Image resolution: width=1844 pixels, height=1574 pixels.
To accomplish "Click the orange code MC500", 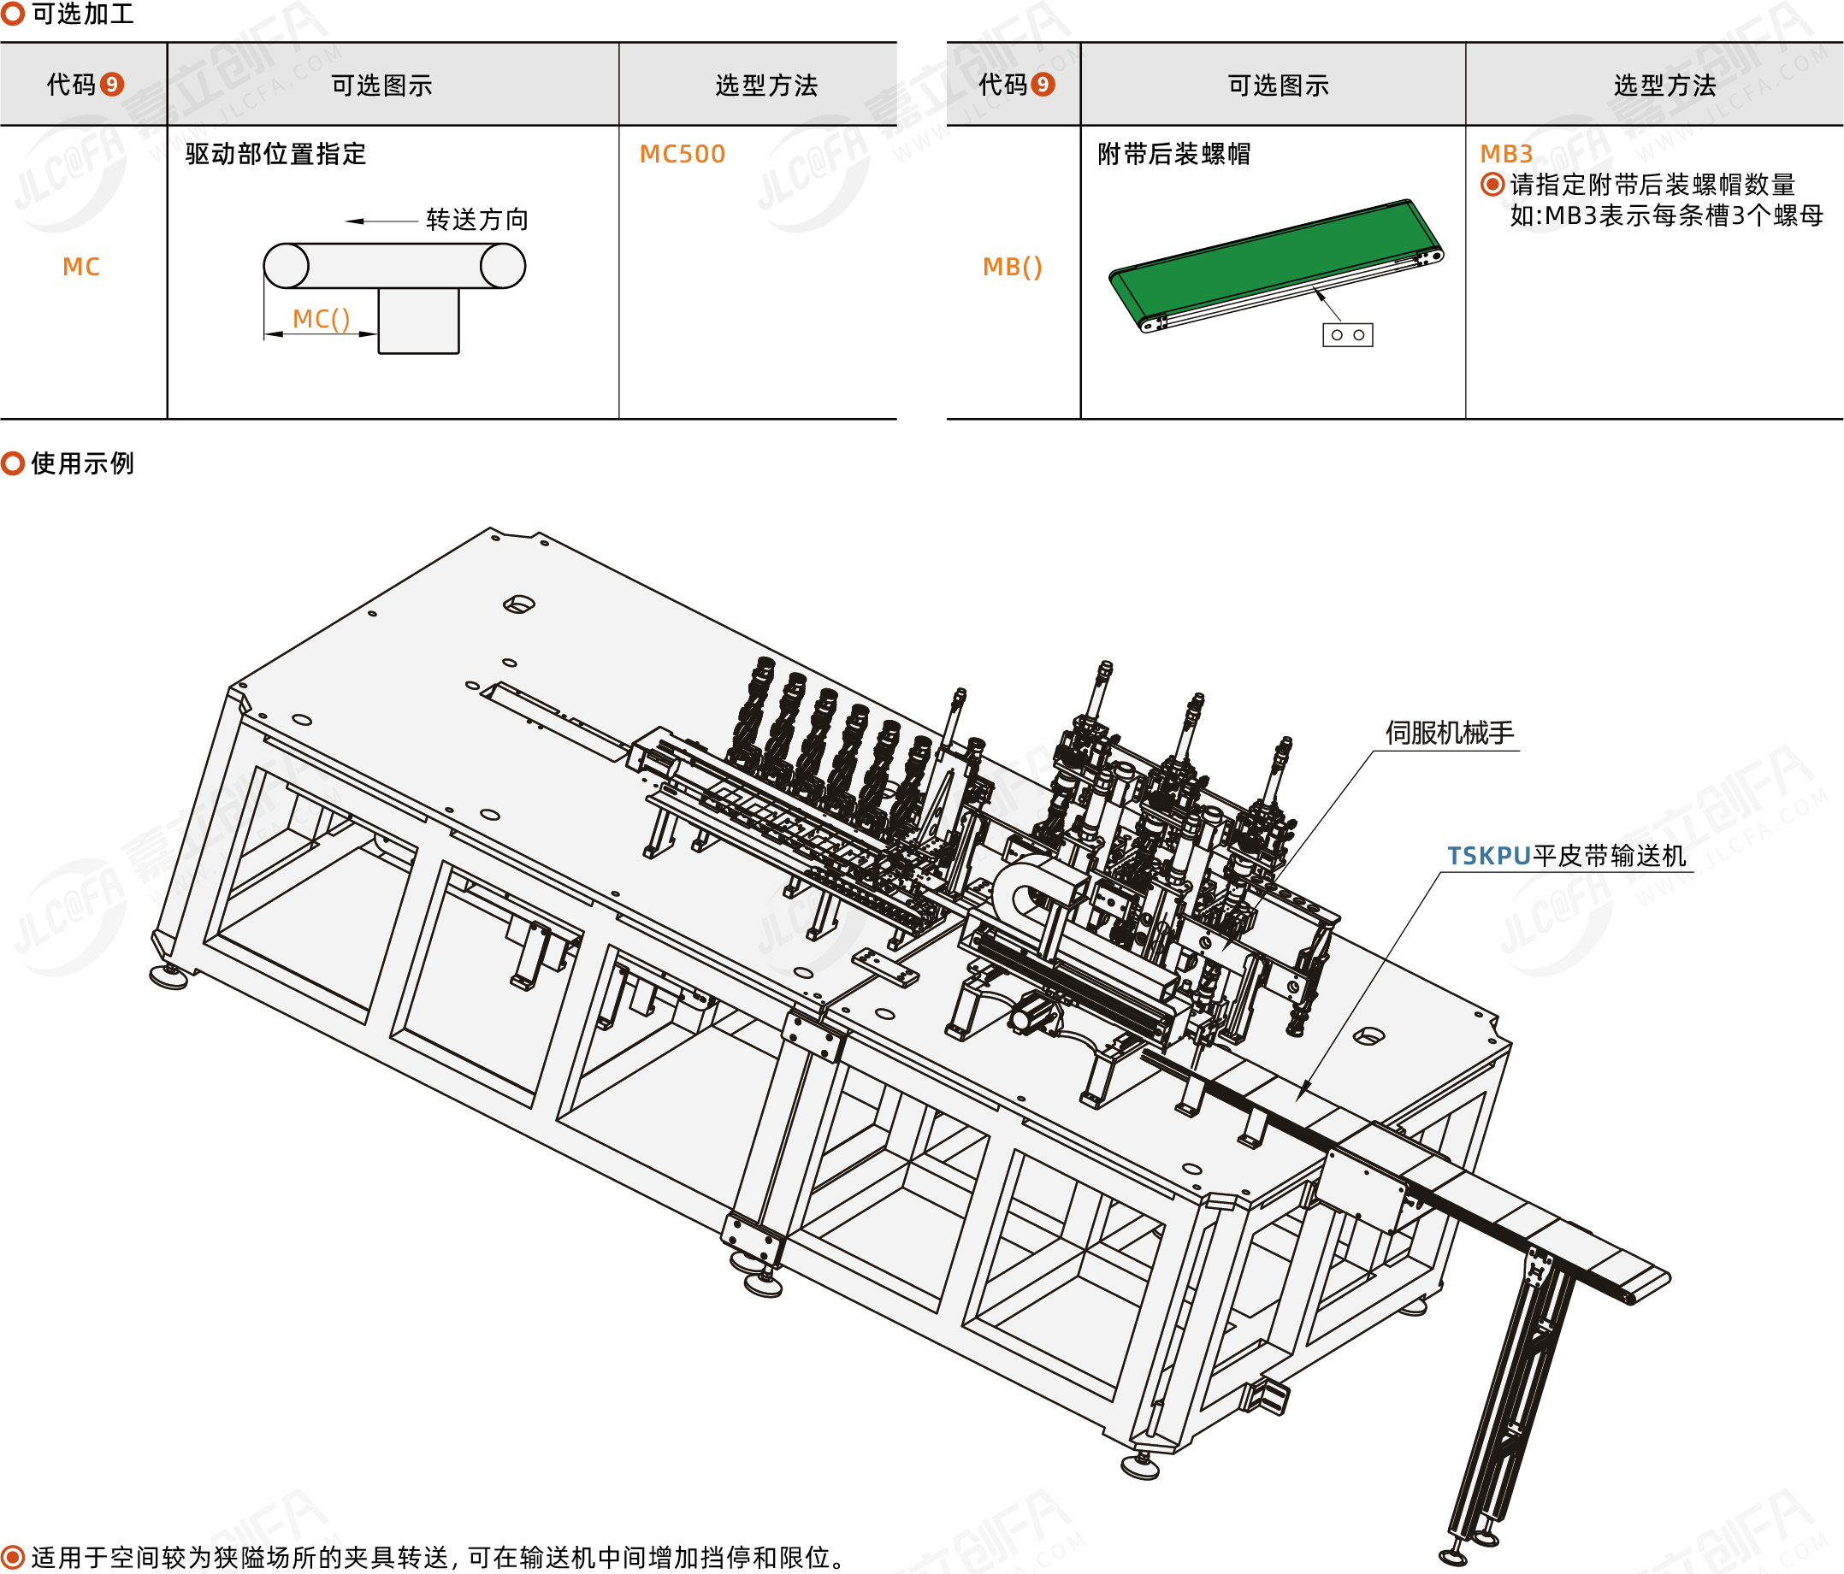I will [683, 154].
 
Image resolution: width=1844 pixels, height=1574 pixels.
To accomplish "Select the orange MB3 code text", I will [1506, 154].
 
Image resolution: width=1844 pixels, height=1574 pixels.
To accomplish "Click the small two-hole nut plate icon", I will [1347, 334].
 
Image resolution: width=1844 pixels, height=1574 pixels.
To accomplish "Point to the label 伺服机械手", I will [1449, 732].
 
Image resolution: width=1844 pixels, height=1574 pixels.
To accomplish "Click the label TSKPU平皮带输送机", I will [1565, 856].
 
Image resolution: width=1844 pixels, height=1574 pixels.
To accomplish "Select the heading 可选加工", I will [82, 14].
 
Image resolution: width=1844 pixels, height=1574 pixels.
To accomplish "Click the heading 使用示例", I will [82, 463].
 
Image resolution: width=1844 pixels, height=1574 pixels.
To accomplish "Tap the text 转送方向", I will [477, 219].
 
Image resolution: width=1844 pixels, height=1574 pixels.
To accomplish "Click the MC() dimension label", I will [322, 319].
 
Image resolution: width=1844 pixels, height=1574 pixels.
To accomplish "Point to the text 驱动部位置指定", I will [276, 154].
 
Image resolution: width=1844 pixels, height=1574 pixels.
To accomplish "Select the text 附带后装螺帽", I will [1173, 154].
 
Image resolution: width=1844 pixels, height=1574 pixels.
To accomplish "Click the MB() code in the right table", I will [1012, 267].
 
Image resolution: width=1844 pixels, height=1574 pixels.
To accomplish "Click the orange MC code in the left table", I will [81, 267].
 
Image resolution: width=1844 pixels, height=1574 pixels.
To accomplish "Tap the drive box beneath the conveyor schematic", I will [418, 321].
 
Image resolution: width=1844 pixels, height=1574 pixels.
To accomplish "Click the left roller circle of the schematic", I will [287, 266].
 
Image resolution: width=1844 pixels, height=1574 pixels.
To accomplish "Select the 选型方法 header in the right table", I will [1664, 85].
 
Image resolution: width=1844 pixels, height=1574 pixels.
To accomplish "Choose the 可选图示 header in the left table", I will [381, 85].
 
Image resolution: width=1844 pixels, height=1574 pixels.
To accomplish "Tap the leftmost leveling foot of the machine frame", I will [169, 977].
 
